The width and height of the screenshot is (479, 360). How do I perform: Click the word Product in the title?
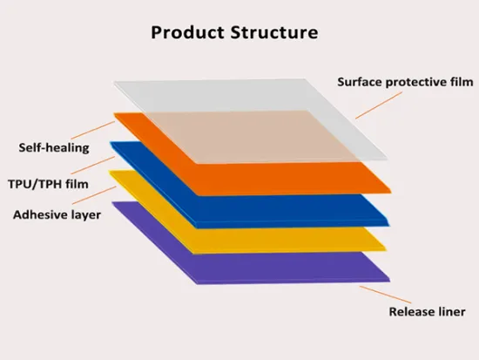186,33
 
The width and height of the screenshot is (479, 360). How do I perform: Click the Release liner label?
427,311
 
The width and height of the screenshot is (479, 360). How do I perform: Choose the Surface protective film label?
405,83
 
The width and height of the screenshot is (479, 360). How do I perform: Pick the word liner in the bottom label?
450,311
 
